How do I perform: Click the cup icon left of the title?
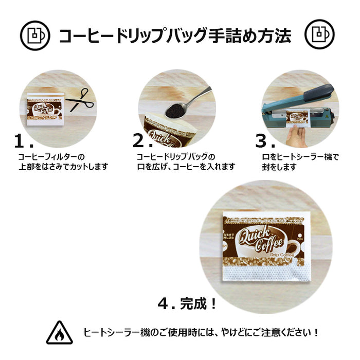click(x=35, y=34)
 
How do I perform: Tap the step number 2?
click(x=140, y=141)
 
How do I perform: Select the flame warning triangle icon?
click(x=59, y=333)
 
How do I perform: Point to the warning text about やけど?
click(x=201, y=333)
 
